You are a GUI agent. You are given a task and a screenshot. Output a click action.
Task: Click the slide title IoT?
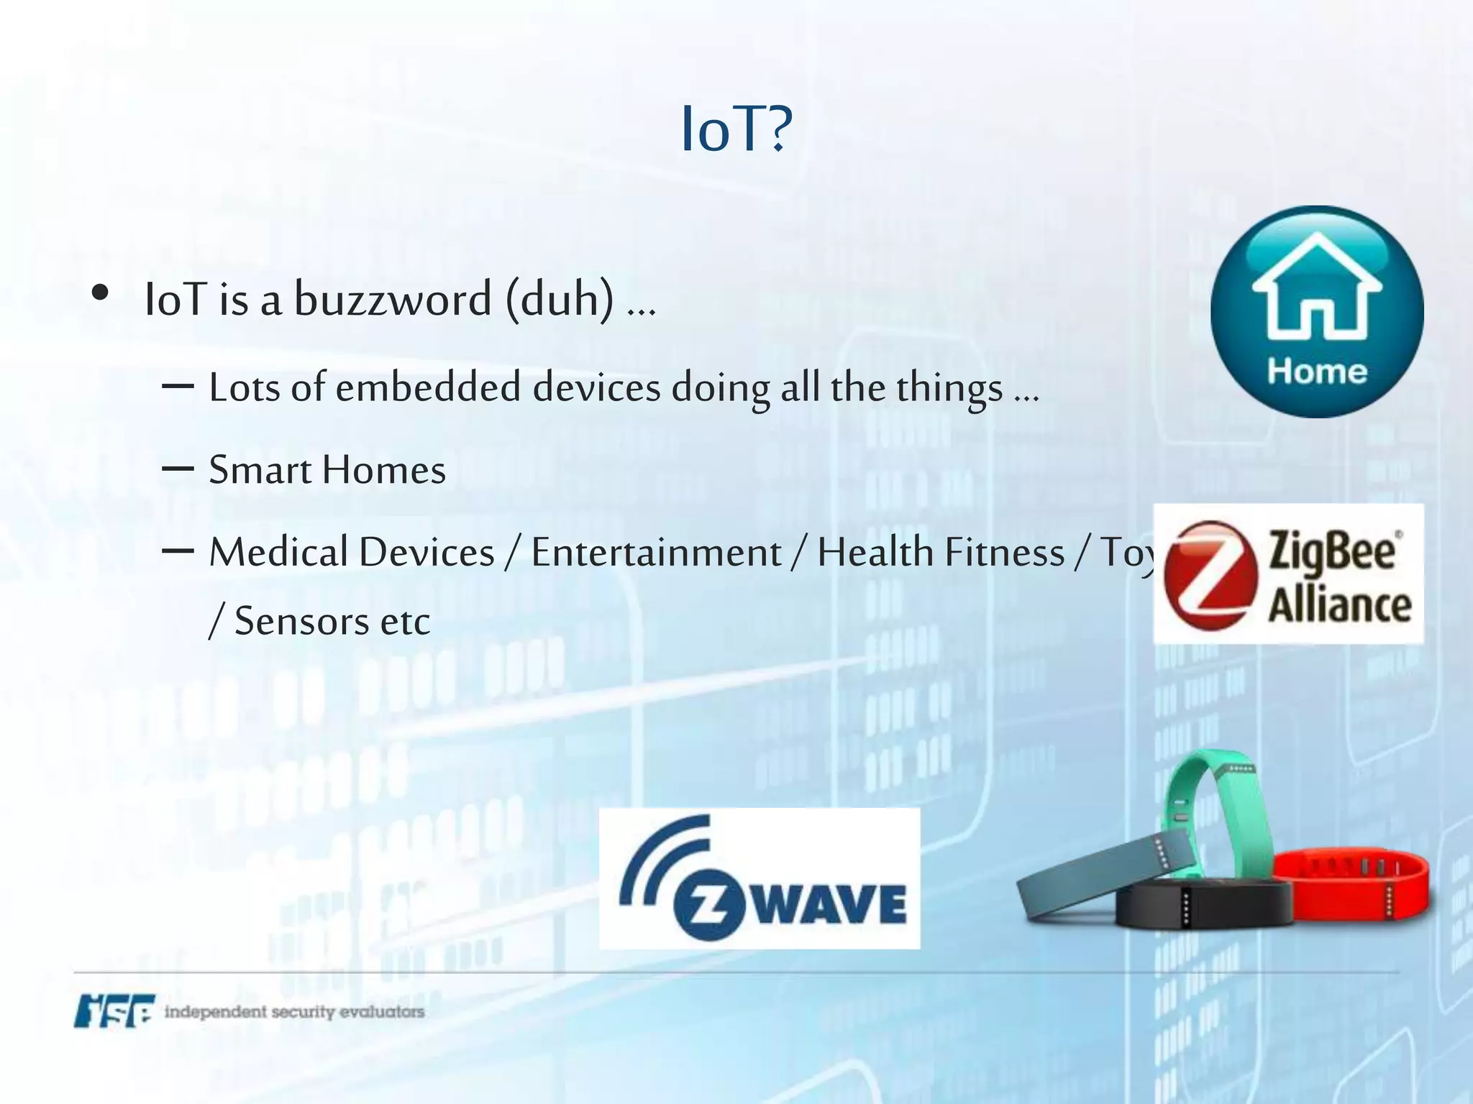pos(736,129)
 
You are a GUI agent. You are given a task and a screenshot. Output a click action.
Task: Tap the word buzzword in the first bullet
pos(393,299)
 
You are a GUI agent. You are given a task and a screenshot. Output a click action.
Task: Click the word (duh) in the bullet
pos(560,299)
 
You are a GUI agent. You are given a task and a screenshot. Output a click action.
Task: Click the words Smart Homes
pos(327,470)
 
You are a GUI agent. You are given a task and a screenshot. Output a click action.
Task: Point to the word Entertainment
pos(656,553)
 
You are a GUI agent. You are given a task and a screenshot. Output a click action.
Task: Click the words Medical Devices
pos(352,553)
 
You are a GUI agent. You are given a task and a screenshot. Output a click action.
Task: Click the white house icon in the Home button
pos(1317,291)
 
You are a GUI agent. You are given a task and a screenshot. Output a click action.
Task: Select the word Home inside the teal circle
pos(1317,372)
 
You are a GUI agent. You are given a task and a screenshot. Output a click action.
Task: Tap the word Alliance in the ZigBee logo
pos(1339,604)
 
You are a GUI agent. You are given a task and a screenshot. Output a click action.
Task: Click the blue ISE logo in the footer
pos(114,1011)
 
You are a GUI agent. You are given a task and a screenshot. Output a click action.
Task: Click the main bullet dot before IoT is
pos(100,293)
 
